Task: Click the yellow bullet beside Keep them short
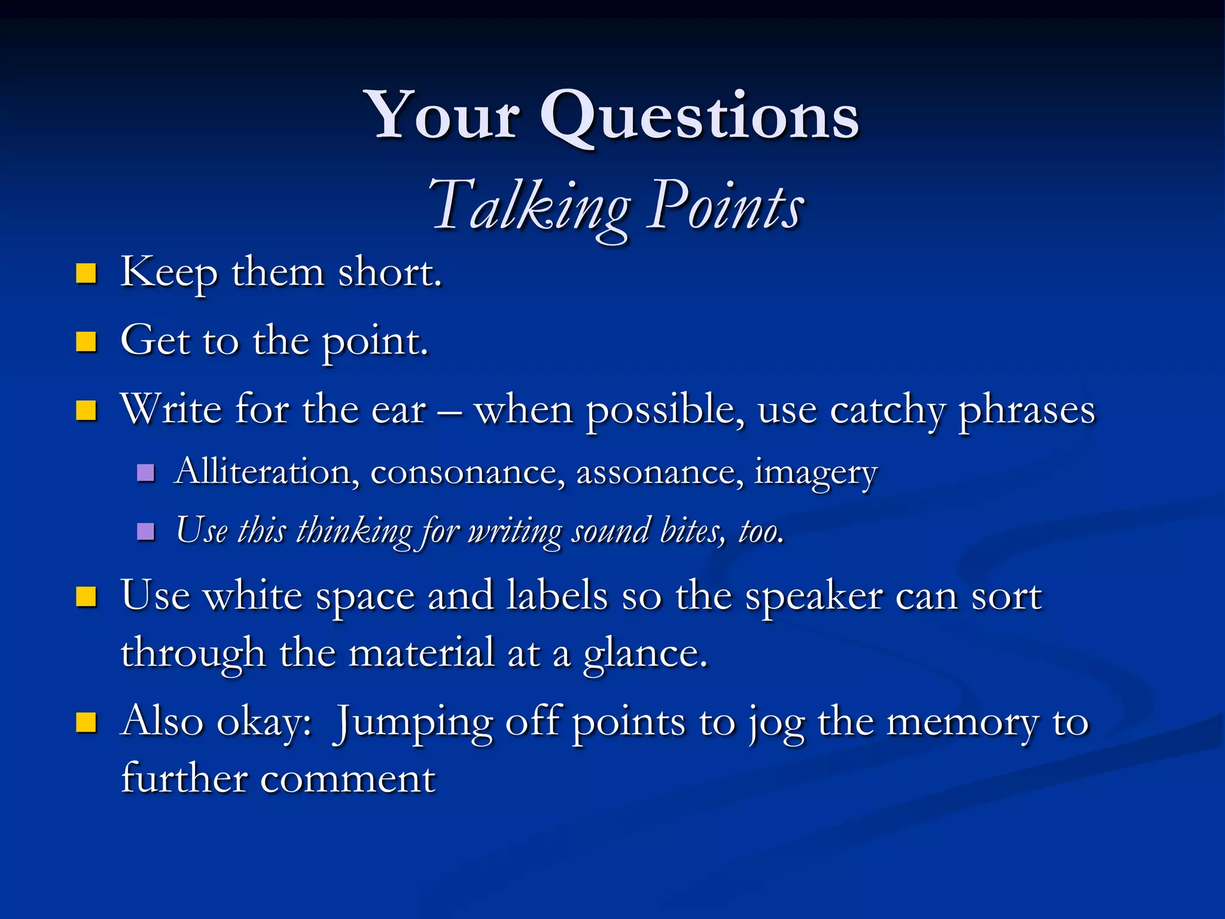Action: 87,273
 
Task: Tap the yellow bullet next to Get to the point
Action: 87,342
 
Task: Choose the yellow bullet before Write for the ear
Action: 87,410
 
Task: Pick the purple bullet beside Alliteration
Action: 146,473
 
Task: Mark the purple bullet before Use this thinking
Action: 146,531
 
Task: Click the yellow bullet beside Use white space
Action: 87,597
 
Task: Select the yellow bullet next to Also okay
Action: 87,722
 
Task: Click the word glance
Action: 644,654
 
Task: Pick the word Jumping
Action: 413,723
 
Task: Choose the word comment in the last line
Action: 348,779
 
